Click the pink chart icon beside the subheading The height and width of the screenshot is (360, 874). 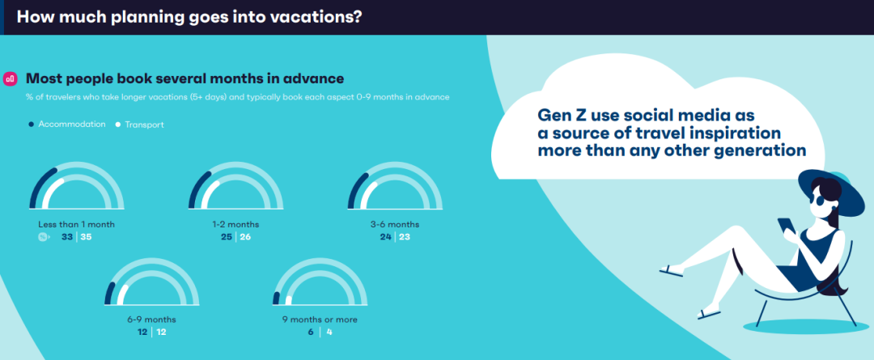[x=10, y=78]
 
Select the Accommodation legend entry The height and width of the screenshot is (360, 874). [x=67, y=125]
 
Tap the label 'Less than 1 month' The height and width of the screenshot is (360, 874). [x=76, y=225]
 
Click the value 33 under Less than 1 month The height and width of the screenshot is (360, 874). [x=67, y=237]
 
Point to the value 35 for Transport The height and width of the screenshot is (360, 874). [x=86, y=237]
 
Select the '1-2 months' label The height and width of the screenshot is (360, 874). [x=235, y=225]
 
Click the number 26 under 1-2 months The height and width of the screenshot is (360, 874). [x=246, y=237]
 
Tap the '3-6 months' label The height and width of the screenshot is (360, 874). [x=395, y=225]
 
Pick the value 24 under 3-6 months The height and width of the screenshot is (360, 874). [x=386, y=237]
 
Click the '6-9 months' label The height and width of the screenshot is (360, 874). [x=151, y=320]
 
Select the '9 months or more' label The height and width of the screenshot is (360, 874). [x=320, y=320]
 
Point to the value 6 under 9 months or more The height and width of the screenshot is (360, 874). [x=310, y=332]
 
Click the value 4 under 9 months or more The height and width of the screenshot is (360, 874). [x=329, y=332]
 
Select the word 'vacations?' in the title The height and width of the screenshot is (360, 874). [x=316, y=17]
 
